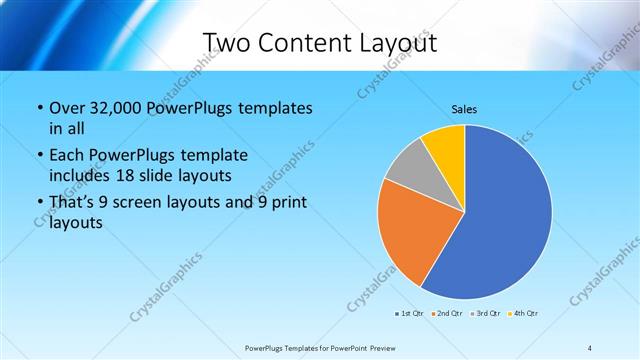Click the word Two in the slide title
(230, 43)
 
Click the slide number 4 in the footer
(591, 347)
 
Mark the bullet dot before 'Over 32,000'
(38, 108)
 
